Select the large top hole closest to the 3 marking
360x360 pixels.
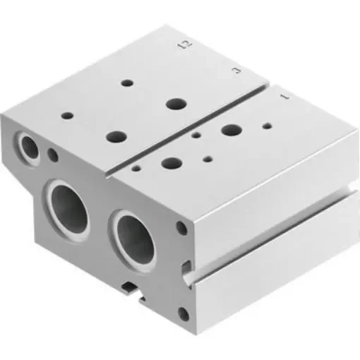(x=174, y=103)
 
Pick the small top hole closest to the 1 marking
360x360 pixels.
(x=267, y=127)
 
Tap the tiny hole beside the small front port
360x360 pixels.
(x=53, y=155)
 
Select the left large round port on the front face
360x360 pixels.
(x=69, y=203)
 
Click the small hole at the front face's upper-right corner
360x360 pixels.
(x=182, y=229)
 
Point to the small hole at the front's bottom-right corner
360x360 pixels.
(x=184, y=313)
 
